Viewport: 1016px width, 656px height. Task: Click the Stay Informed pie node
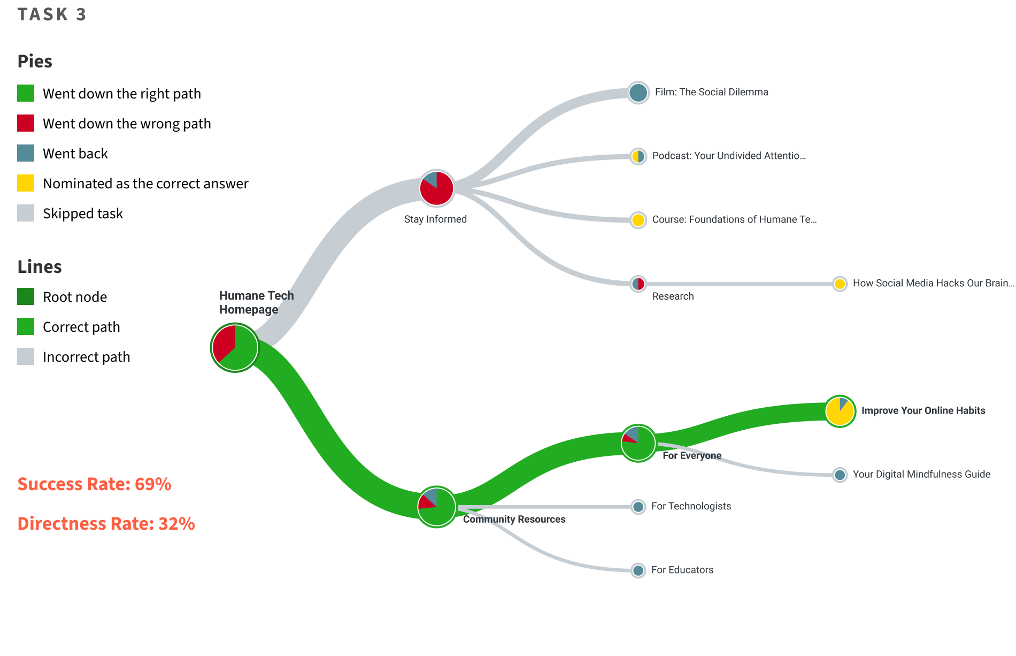(x=436, y=188)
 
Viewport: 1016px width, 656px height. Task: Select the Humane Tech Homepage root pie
(x=235, y=347)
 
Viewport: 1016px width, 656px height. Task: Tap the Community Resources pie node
(x=436, y=507)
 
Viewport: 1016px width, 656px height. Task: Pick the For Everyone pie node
(x=638, y=443)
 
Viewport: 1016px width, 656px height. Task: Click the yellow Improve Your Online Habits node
(x=840, y=411)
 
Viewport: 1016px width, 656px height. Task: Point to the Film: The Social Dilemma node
(x=638, y=93)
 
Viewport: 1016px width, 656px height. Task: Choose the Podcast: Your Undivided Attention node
(x=638, y=156)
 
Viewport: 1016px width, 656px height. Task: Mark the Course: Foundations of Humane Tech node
(x=638, y=220)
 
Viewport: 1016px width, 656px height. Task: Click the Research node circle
(x=638, y=284)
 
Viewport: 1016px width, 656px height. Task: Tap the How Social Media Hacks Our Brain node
(x=840, y=284)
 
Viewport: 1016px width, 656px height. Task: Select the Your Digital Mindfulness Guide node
(x=840, y=475)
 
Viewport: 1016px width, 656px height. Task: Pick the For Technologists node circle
(x=638, y=507)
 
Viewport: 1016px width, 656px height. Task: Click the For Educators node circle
(x=638, y=570)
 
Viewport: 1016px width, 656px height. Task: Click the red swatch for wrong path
(x=26, y=123)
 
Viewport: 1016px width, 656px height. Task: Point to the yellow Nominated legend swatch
(x=26, y=183)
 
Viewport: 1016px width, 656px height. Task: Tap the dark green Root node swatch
(x=26, y=296)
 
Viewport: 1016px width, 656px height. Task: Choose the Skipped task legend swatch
(x=26, y=213)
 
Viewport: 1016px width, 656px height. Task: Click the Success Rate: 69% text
(x=94, y=484)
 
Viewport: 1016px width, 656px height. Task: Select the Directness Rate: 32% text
(x=106, y=524)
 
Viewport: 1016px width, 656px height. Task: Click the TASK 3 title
(x=52, y=14)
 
